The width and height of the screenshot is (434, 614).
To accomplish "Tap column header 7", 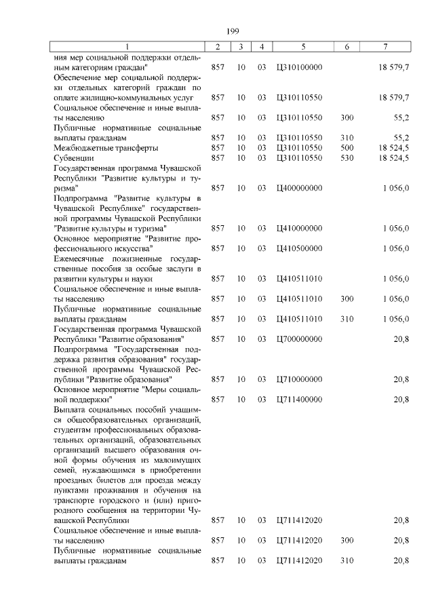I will pyautogui.click(x=384, y=46).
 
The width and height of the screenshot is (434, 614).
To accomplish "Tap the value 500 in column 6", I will pyautogui.click(x=347, y=147).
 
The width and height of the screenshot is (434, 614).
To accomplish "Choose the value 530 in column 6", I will pyautogui.click(x=347, y=157).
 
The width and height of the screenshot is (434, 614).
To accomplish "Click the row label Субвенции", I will pyautogui.click(x=72, y=157).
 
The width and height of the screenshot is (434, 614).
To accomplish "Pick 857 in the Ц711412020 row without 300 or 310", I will pyautogui.click(x=218, y=520).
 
